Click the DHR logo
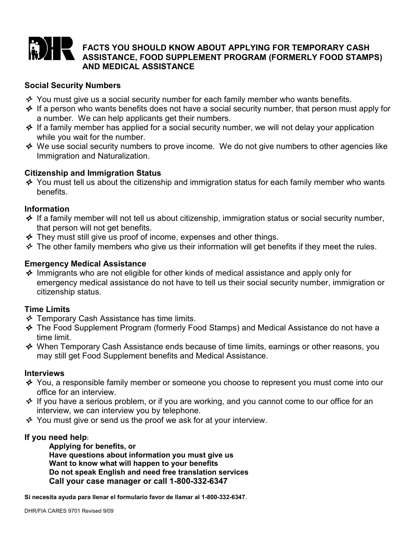[51, 48]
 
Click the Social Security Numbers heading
[72, 85]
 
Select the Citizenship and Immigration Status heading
[93, 173]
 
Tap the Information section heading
[47, 209]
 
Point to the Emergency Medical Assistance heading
[85, 264]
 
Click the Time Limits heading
[47, 309]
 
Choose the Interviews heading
[44, 373]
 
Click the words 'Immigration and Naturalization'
[93, 156]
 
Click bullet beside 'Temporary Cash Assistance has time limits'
[29, 319]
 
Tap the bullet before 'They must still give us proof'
[29, 238]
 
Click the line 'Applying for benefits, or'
[92, 447]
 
